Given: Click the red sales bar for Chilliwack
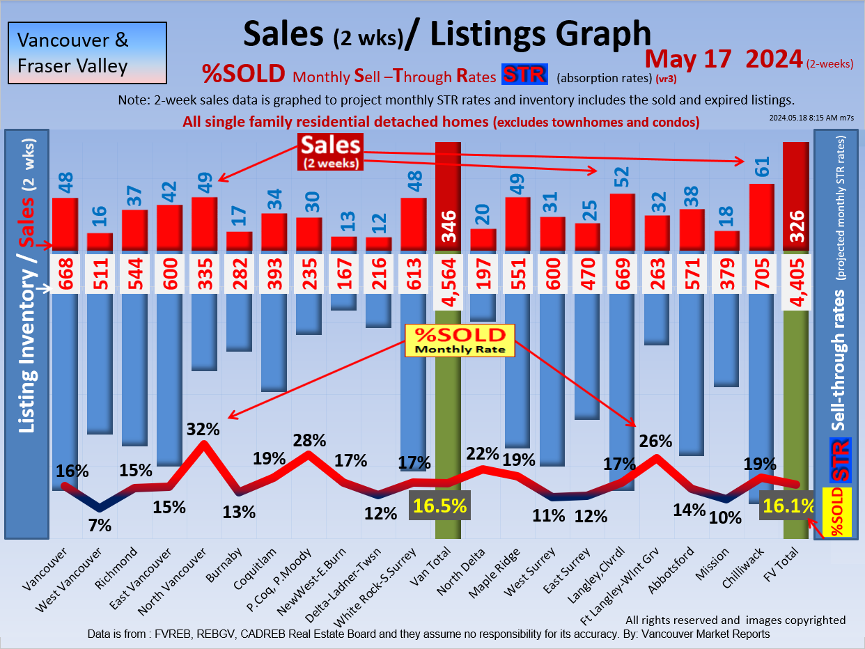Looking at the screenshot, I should [x=761, y=216].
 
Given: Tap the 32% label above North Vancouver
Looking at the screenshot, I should [x=203, y=429].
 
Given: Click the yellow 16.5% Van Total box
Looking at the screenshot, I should [x=439, y=505].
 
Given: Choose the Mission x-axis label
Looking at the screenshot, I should [x=717, y=565].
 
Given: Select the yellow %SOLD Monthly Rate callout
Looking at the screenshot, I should [x=460, y=341].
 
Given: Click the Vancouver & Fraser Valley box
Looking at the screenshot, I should [x=87, y=52].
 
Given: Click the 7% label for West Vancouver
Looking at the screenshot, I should [x=100, y=526].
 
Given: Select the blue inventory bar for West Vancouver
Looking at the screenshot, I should [x=100, y=362].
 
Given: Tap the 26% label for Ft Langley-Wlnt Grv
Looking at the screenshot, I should [x=655, y=441].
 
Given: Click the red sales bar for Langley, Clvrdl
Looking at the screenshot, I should [x=622, y=221].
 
